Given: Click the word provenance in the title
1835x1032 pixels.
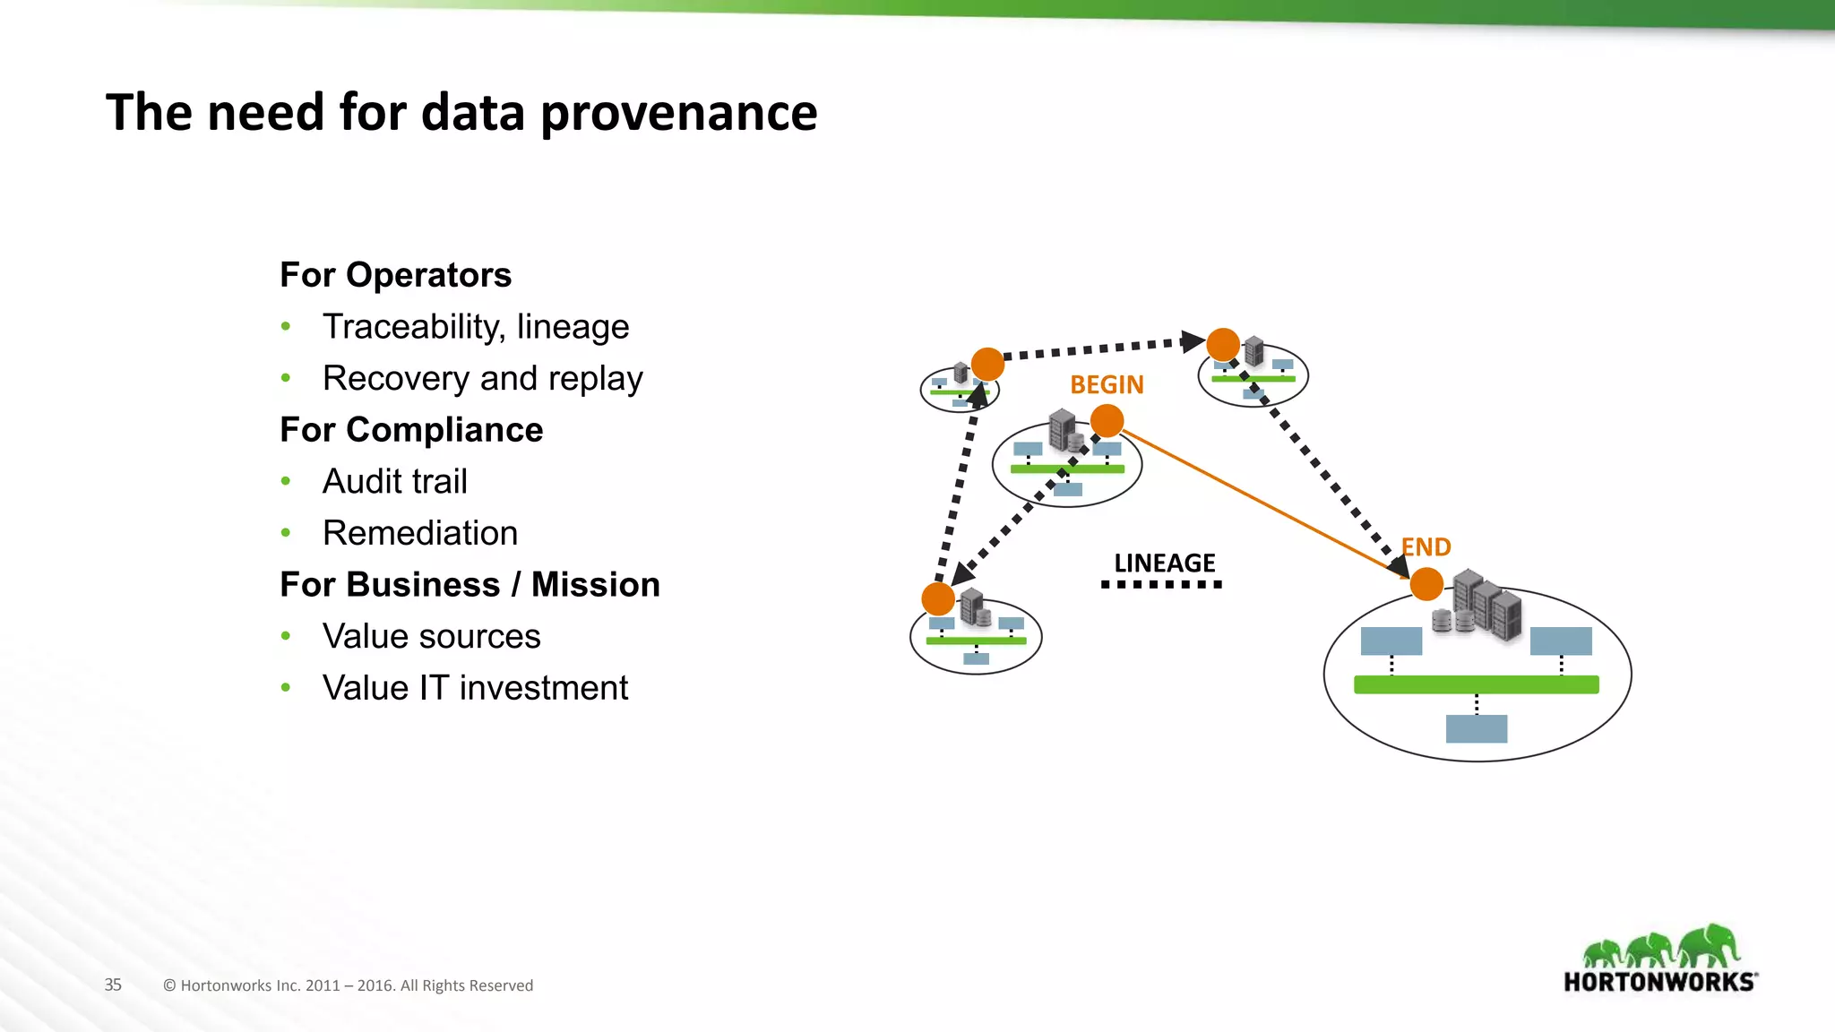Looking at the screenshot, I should (x=678, y=114).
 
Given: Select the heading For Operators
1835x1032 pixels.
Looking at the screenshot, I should (x=395, y=275).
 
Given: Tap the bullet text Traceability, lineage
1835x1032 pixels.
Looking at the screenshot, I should (x=475, y=327).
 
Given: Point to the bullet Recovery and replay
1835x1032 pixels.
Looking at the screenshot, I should (x=482, y=379).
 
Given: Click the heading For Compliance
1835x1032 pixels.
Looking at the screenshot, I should (x=411, y=430).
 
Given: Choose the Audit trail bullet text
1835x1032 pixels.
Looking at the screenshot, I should (x=394, y=482).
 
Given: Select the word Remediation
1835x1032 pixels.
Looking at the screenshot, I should (x=419, y=534).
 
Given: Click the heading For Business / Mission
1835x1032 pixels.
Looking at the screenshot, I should (x=470, y=585).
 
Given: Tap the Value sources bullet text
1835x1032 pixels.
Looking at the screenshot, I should (x=431, y=637).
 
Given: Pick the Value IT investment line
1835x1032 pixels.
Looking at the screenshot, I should (x=475, y=689).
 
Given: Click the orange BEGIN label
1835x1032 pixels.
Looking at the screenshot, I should (x=1107, y=385).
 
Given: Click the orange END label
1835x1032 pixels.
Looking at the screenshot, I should (x=1426, y=547).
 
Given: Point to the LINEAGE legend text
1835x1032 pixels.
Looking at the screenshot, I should (x=1164, y=563).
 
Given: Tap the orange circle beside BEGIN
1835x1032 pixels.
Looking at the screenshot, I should (x=1107, y=420).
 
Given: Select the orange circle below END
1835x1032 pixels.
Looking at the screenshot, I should (x=1426, y=585).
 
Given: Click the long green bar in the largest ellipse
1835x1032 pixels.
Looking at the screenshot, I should (x=1476, y=685).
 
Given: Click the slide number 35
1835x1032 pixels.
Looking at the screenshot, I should (x=113, y=985).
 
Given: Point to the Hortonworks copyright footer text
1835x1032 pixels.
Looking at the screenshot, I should (x=348, y=985).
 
